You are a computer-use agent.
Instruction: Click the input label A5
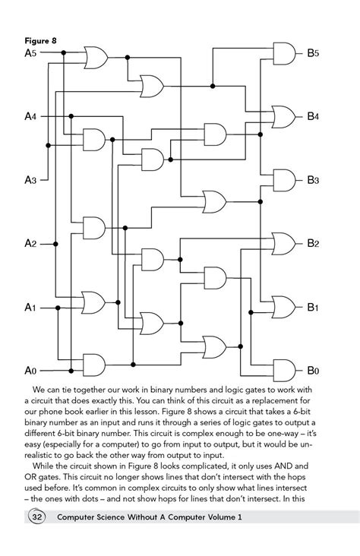click(30, 53)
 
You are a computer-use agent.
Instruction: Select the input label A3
click(30, 180)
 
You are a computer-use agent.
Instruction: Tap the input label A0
click(30, 371)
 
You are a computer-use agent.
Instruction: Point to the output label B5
click(313, 53)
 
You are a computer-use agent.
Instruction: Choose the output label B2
click(313, 244)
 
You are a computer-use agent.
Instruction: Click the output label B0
click(313, 371)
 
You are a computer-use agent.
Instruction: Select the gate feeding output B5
click(285, 53)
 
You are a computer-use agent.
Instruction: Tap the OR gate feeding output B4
click(284, 117)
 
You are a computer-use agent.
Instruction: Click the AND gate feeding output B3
click(285, 181)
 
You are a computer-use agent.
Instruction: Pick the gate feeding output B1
click(284, 307)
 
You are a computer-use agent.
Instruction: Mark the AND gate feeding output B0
click(285, 371)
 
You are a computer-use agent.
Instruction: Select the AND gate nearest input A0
click(94, 365)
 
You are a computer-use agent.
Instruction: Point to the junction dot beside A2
click(55, 244)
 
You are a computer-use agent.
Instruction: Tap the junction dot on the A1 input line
click(58, 308)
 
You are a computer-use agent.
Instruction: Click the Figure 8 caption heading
click(40, 41)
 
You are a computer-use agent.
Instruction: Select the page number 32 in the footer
click(37, 517)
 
